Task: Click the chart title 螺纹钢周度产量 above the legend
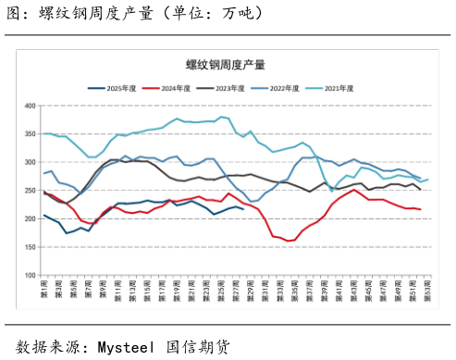[x=228, y=64]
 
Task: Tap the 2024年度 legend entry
[x=179, y=88]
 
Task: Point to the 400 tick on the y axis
[x=29, y=106]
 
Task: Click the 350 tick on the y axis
[x=29, y=134]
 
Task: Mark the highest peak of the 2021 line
[x=222, y=118]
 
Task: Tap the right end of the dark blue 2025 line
[x=243, y=209]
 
